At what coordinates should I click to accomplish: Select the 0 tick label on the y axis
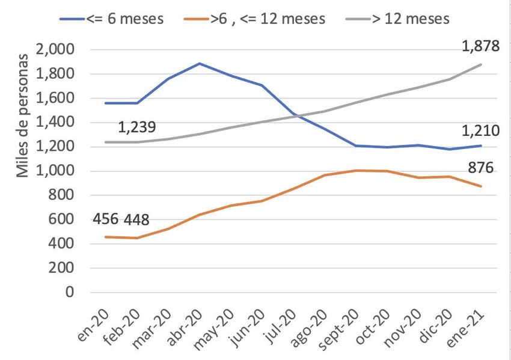(x=69, y=293)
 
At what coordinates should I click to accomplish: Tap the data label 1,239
(x=136, y=127)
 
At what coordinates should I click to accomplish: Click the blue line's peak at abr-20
(x=200, y=63)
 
